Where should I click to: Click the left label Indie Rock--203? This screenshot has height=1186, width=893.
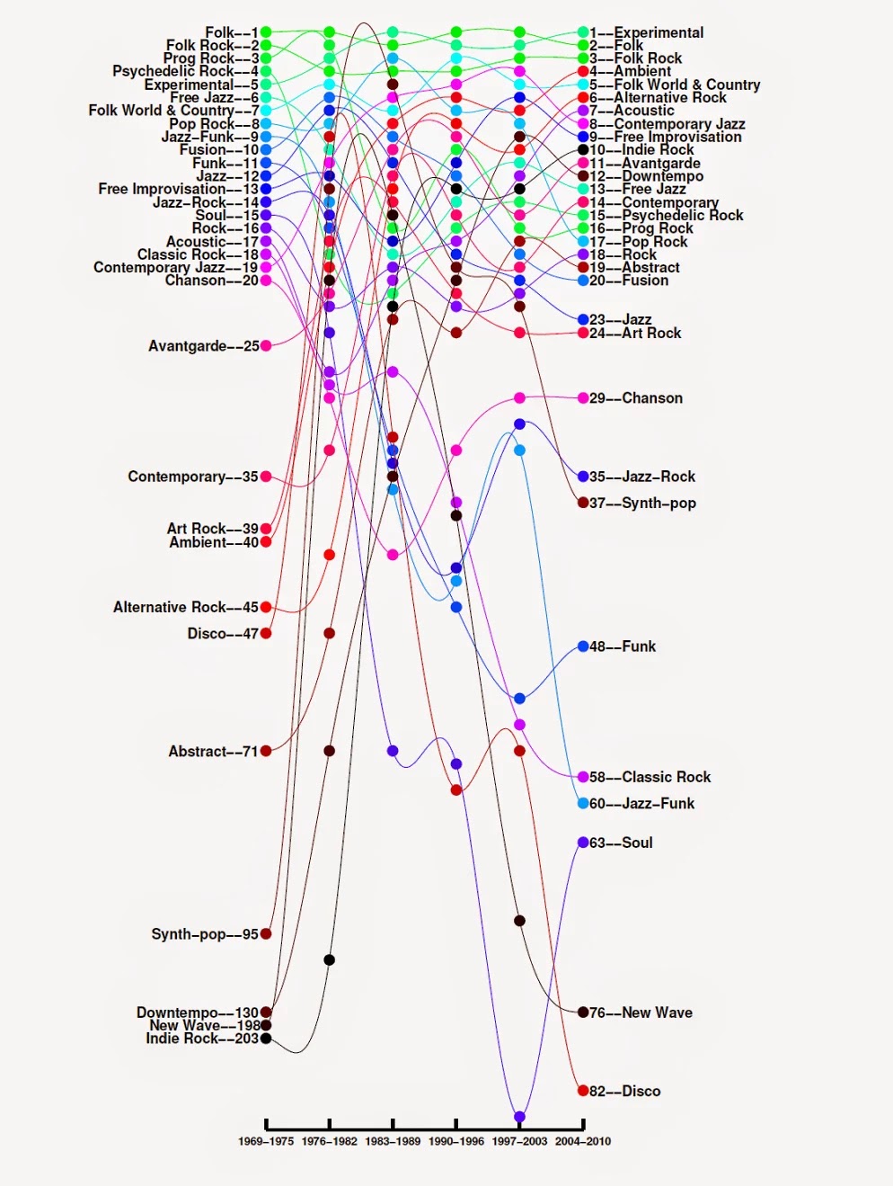(202, 1039)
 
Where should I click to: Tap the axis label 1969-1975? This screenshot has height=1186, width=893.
(266, 1141)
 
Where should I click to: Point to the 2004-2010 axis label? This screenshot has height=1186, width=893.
(583, 1141)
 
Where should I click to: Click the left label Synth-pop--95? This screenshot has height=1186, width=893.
(205, 934)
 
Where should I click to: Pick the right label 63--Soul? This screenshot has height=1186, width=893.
(621, 843)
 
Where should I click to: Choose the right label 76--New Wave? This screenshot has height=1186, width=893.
(641, 1012)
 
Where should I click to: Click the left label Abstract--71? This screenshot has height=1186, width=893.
(213, 751)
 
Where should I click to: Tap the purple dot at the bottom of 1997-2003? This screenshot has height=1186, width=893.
(519, 1117)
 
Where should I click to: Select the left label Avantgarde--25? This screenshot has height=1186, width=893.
(203, 345)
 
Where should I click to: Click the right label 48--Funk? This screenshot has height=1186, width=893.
(623, 647)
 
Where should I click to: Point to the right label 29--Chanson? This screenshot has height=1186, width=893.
(636, 397)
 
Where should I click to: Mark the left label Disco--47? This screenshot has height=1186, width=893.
(223, 633)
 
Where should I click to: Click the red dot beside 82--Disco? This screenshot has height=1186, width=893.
(583, 1091)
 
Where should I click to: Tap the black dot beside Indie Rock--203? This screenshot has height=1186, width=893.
(266, 1039)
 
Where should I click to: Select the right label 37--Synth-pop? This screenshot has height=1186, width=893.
(642, 503)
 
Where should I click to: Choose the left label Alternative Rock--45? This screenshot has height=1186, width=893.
(185, 607)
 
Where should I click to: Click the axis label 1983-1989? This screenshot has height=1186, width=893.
(393, 1141)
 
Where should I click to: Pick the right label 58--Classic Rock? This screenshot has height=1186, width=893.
(650, 777)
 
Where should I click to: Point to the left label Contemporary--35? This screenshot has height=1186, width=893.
(192, 477)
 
